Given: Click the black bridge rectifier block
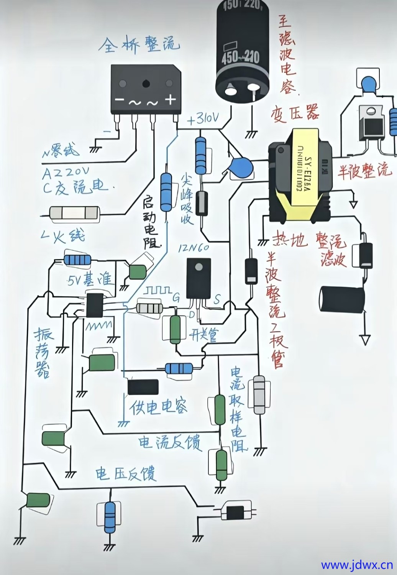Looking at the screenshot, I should (145, 89).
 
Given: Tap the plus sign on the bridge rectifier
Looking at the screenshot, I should (170, 100).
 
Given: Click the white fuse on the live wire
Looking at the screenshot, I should (75, 213).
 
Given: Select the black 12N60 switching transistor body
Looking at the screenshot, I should (198, 278).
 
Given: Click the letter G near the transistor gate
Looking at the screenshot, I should (176, 297).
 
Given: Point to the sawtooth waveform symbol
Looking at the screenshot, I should (98, 326).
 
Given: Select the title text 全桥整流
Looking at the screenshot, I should (139, 45).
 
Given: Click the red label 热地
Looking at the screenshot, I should (289, 240).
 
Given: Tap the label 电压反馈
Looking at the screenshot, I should (126, 474).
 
